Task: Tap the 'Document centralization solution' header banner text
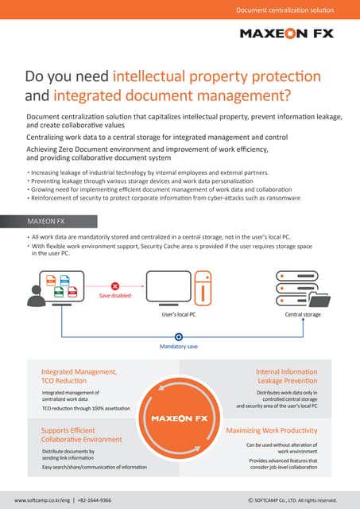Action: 285,10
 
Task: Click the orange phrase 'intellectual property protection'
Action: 217,76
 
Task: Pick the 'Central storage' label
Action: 303,315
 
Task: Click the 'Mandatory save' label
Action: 180,346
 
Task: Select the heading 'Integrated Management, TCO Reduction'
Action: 79,376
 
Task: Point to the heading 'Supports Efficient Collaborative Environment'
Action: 81,434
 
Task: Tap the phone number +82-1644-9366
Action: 95,501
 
